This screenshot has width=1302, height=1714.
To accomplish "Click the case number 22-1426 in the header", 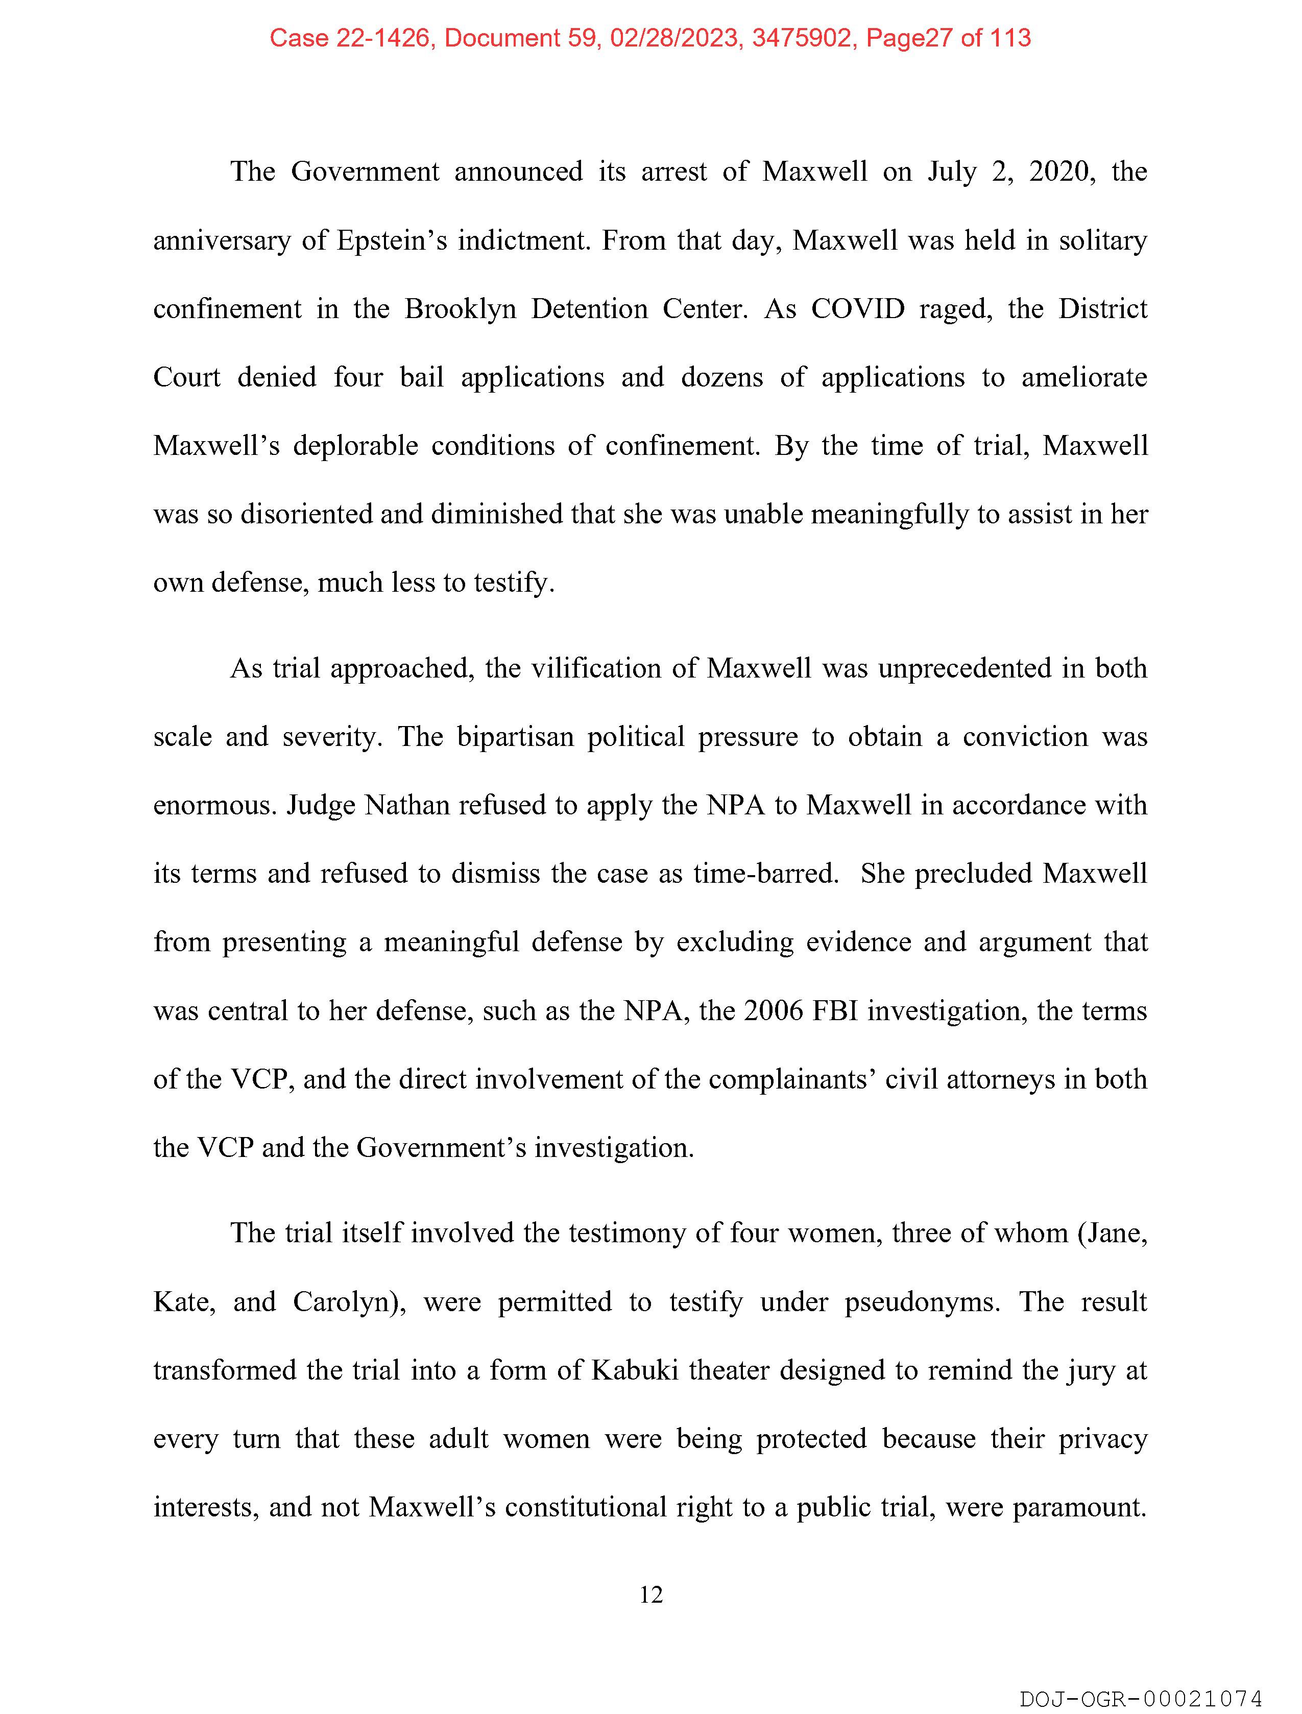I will pyautogui.click(x=382, y=38).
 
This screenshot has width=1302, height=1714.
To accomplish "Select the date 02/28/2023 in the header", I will pyautogui.click(x=673, y=38).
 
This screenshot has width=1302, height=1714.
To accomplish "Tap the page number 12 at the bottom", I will pyautogui.click(x=651, y=1594).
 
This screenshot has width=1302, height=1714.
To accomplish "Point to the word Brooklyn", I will pyautogui.click(x=460, y=309).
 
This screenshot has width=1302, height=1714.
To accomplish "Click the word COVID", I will pyautogui.click(x=857, y=309).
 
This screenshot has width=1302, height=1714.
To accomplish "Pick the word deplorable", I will pyautogui.click(x=355, y=446).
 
